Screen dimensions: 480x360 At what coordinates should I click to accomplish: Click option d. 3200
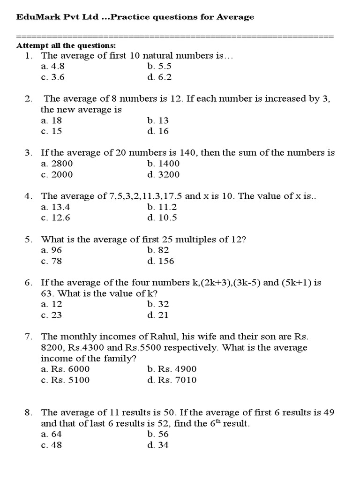[163, 174]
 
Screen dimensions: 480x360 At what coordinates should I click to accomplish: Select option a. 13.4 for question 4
[55, 207]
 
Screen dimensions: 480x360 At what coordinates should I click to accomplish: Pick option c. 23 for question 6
[52, 315]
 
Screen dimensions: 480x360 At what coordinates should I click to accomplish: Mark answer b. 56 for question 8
[157, 434]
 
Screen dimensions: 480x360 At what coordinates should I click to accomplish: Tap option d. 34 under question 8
[157, 445]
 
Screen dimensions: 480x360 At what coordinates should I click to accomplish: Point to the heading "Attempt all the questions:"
[66, 45]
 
